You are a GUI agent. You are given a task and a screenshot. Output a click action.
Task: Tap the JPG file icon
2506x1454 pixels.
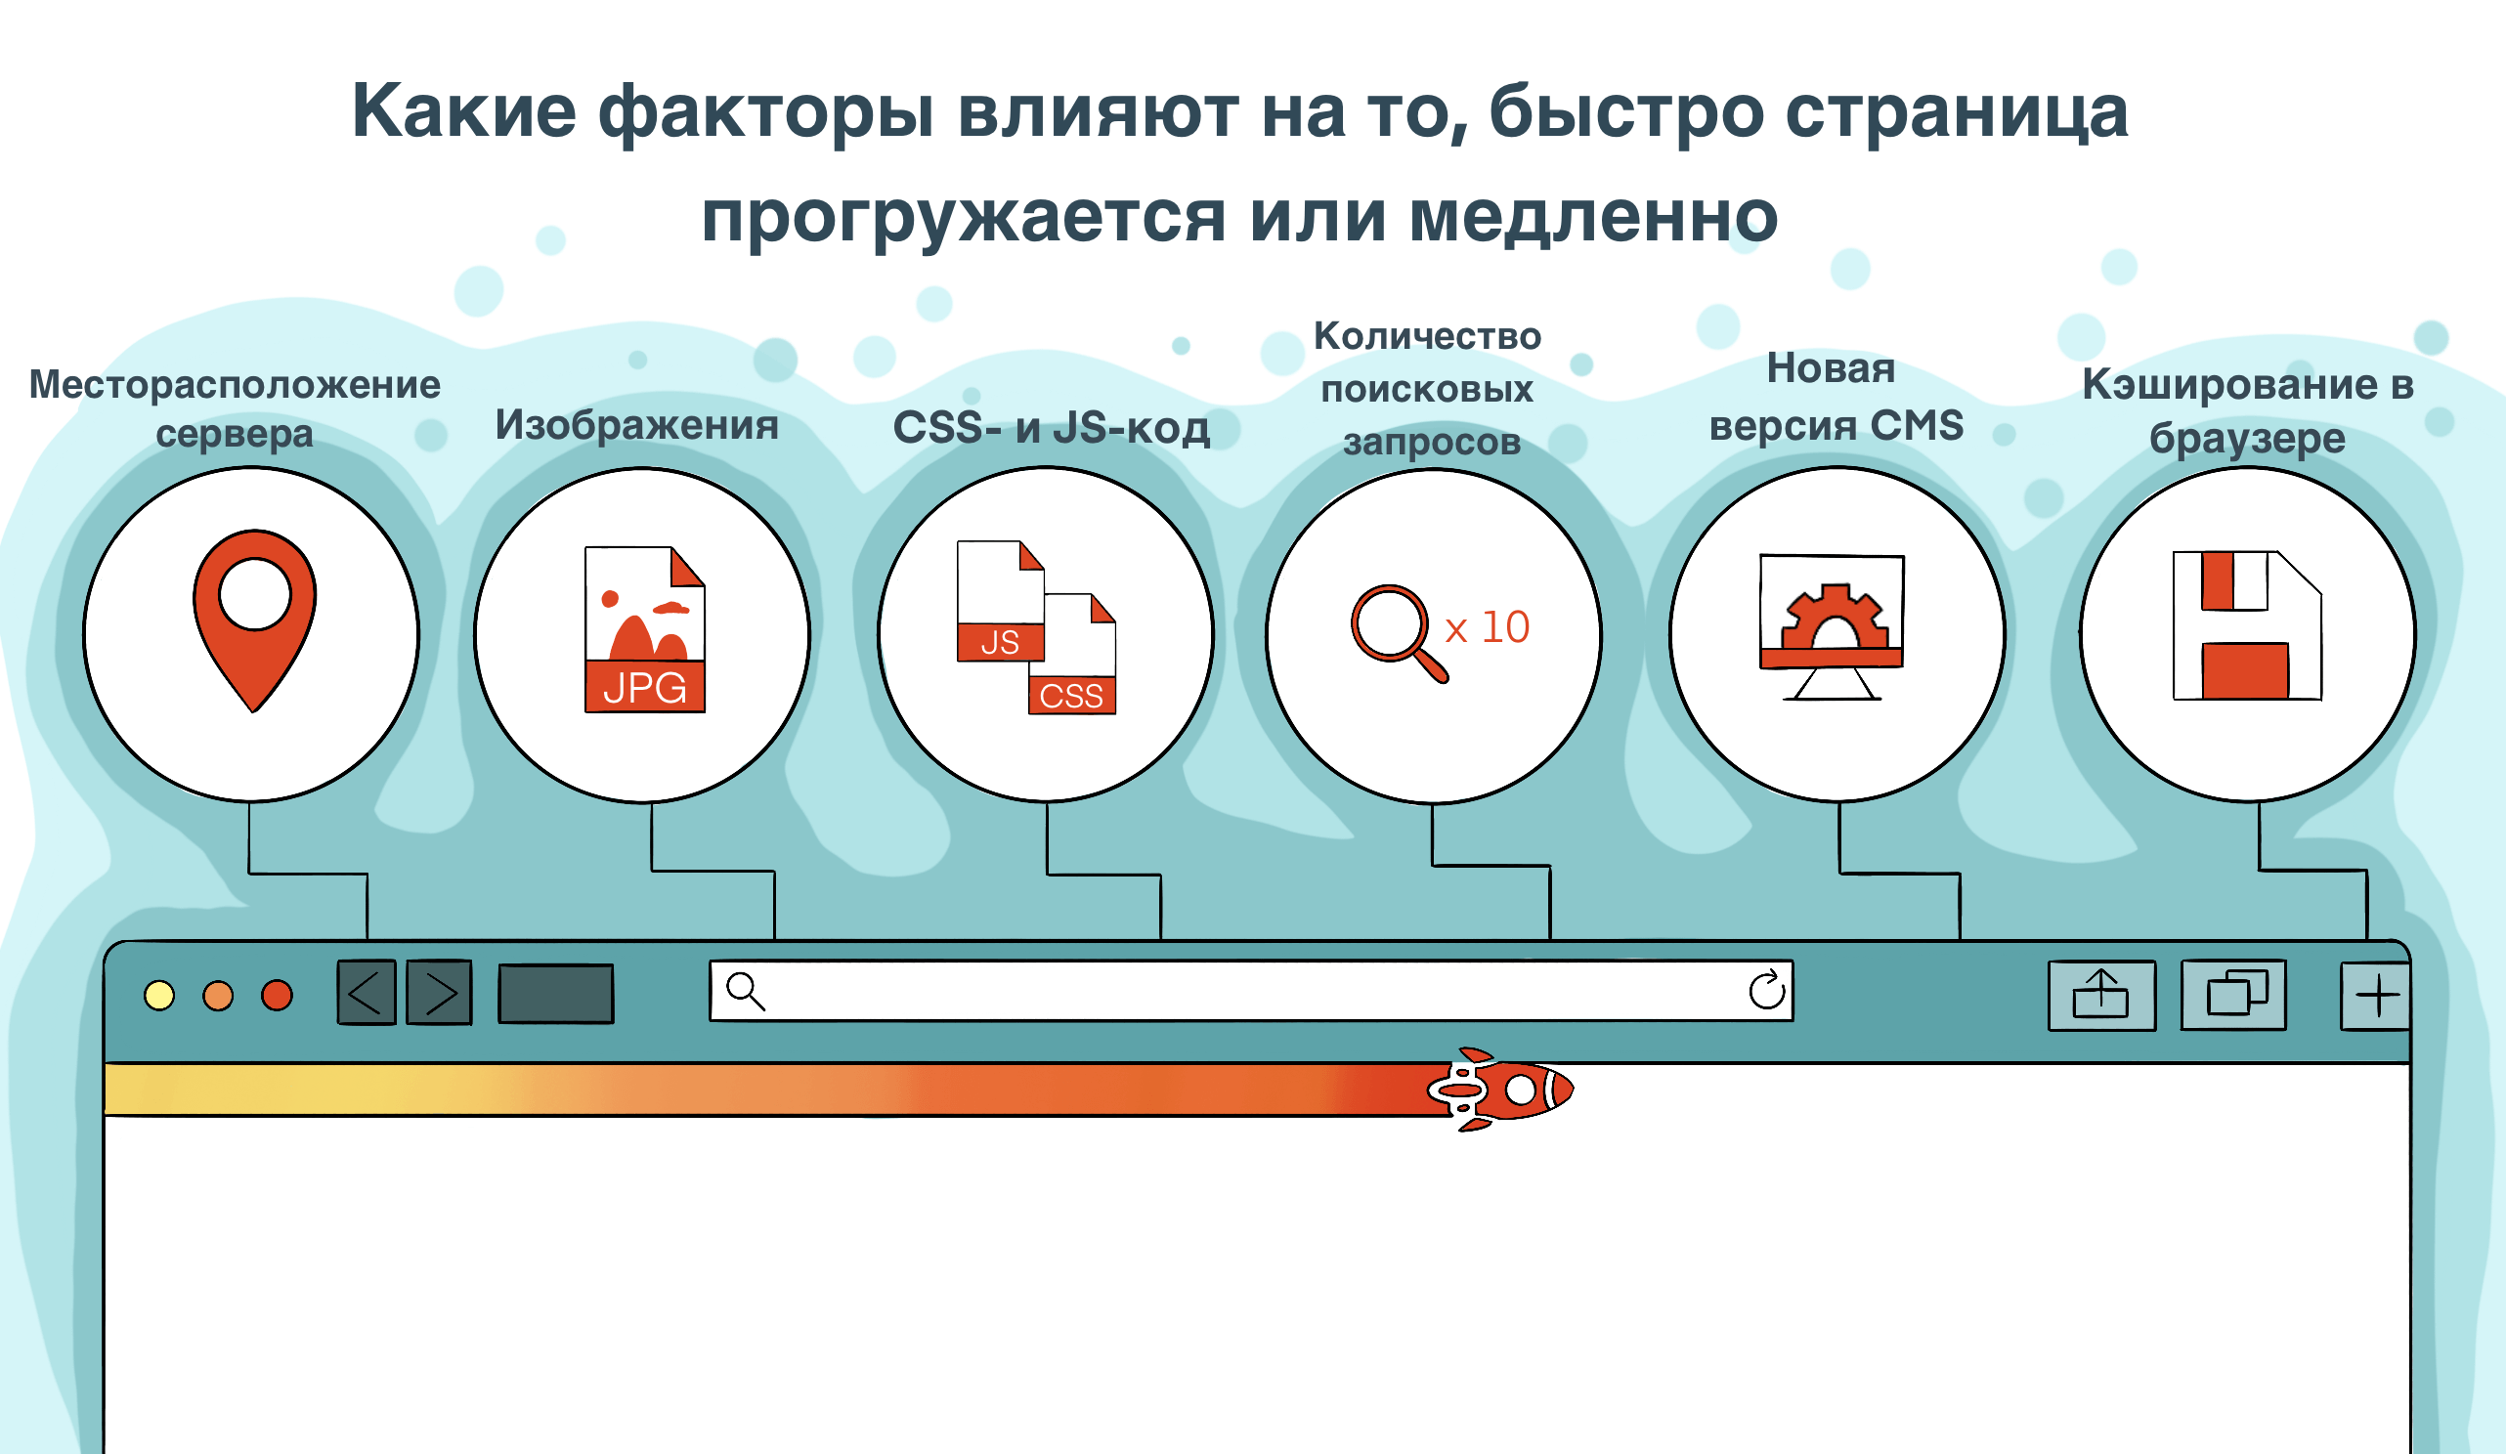[x=644, y=628]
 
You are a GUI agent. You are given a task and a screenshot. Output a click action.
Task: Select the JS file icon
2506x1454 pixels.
[x=1000, y=601]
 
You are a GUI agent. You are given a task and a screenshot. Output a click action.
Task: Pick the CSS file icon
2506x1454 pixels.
[x=1072, y=654]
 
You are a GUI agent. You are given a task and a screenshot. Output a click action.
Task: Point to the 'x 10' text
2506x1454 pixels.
[x=1487, y=627]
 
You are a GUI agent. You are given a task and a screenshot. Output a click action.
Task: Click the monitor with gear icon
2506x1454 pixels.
[x=1832, y=626]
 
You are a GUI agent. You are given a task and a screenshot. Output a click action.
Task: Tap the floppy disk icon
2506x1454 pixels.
[x=2246, y=625]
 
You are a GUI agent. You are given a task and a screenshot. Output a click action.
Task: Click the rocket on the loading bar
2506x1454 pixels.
[x=1499, y=1090]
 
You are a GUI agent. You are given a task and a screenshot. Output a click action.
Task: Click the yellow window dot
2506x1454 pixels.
[x=159, y=996]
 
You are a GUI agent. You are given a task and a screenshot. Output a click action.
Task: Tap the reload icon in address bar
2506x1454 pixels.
[x=1766, y=991]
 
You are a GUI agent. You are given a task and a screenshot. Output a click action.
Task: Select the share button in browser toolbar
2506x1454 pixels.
[x=2101, y=995]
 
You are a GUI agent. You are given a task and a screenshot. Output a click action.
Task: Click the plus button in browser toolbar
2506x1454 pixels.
[x=2376, y=996]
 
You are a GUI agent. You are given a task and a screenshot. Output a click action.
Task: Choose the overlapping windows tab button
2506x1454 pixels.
[x=2233, y=995]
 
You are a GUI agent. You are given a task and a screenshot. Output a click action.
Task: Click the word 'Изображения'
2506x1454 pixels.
[x=636, y=425]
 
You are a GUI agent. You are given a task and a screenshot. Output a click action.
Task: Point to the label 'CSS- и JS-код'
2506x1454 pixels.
[x=1051, y=428]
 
